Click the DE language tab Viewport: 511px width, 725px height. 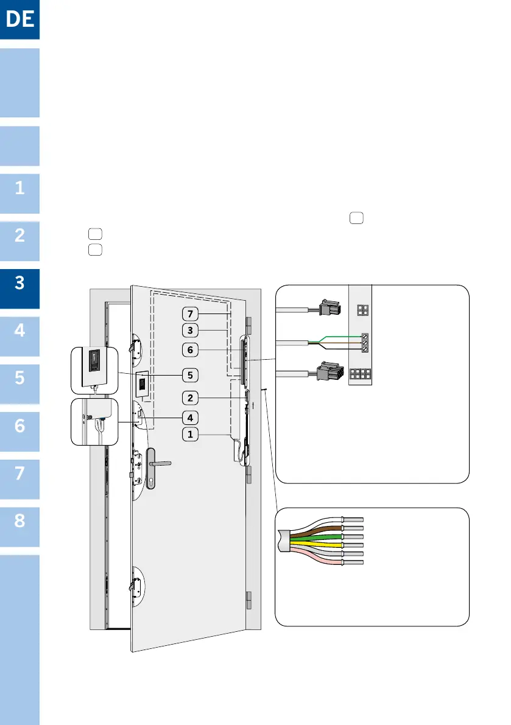pos(19,19)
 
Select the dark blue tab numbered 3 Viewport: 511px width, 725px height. pos(19,283)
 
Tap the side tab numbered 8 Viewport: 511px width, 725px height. pos(19,522)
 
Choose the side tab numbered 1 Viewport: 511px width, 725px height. pos(19,188)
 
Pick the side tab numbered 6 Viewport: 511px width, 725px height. pos(19,426)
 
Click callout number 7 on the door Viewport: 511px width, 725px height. pos(191,313)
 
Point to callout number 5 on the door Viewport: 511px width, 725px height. pos(191,374)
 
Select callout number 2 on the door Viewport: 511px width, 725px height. pos(191,398)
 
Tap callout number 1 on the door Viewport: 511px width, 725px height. pos(191,435)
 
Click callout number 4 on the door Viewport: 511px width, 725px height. pos(191,418)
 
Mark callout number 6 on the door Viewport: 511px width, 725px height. pos(191,349)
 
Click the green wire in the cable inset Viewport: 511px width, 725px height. pos(317,538)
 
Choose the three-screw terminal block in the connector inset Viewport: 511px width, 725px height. pos(365,343)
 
